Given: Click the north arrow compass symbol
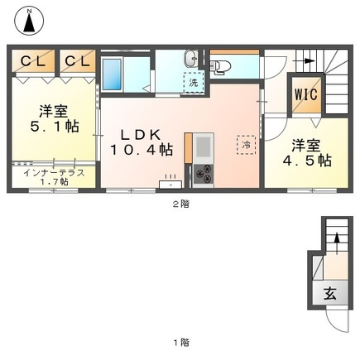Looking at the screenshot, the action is (29, 21).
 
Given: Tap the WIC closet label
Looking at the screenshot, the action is (306, 94).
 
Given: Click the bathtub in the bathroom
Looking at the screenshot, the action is (112, 74).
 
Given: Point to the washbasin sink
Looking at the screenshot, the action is (191, 59).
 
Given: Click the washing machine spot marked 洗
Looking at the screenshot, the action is (194, 83).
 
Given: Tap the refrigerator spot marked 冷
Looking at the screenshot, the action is (246, 145).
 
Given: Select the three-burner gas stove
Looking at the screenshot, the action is (204, 174).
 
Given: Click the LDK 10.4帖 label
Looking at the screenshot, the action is (142, 142).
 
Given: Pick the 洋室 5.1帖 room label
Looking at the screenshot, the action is (55, 119).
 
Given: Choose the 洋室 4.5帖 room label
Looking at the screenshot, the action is (307, 153).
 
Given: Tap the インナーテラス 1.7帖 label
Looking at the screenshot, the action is (54, 177).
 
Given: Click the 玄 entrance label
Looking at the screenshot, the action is (330, 293).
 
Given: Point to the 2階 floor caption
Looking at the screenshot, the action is (181, 204).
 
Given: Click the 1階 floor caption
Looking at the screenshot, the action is (181, 343).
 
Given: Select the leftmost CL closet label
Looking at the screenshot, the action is (33, 61).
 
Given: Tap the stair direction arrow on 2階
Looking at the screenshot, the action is (304, 61).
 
